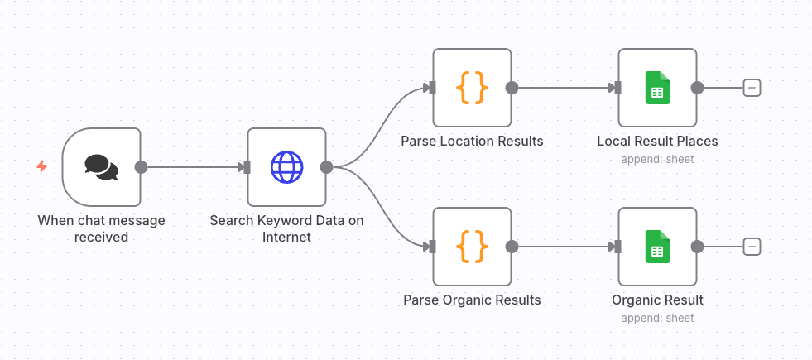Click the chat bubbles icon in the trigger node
coord(101,167)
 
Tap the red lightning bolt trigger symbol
coord(41,167)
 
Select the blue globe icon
coord(286,167)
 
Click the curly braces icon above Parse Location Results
coord(472,88)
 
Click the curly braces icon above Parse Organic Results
coord(472,247)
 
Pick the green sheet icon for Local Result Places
coord(657,88)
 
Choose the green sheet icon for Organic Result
coord(657,247)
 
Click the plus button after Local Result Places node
coord(752,88)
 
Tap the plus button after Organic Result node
coord(752,247)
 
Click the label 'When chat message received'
coord(101,228)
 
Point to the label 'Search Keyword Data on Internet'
coord(286,228)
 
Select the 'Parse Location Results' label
coord(472,141)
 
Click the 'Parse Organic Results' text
coord(472,300)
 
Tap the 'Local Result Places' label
coord(657,141)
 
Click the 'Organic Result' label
coord(657,300)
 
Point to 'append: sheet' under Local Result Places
coord(657,159)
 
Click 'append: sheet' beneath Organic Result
coord(657,318)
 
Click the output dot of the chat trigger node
coord(141,167)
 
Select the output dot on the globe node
coord(326,167)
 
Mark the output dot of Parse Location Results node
coord(512,88)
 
